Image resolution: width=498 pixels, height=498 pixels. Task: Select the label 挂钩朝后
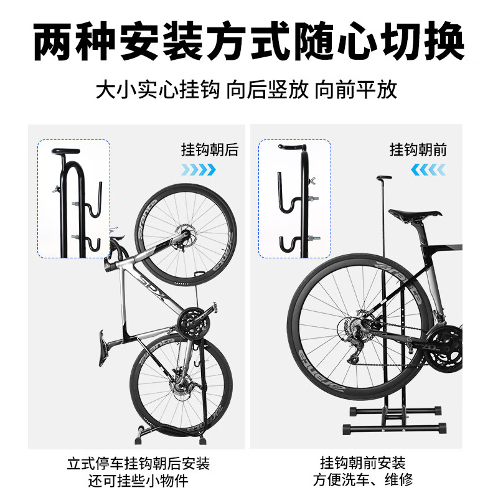click(209, 149)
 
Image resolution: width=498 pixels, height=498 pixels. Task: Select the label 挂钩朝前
click(418, 149)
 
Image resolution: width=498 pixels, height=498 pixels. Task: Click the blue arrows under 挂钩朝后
click(199, 169)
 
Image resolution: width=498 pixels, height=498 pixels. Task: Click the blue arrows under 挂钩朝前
click(428, 169)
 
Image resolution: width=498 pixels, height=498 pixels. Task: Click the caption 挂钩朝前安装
click(362, 464)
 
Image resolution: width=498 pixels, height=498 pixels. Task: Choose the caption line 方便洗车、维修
click(362, 481)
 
